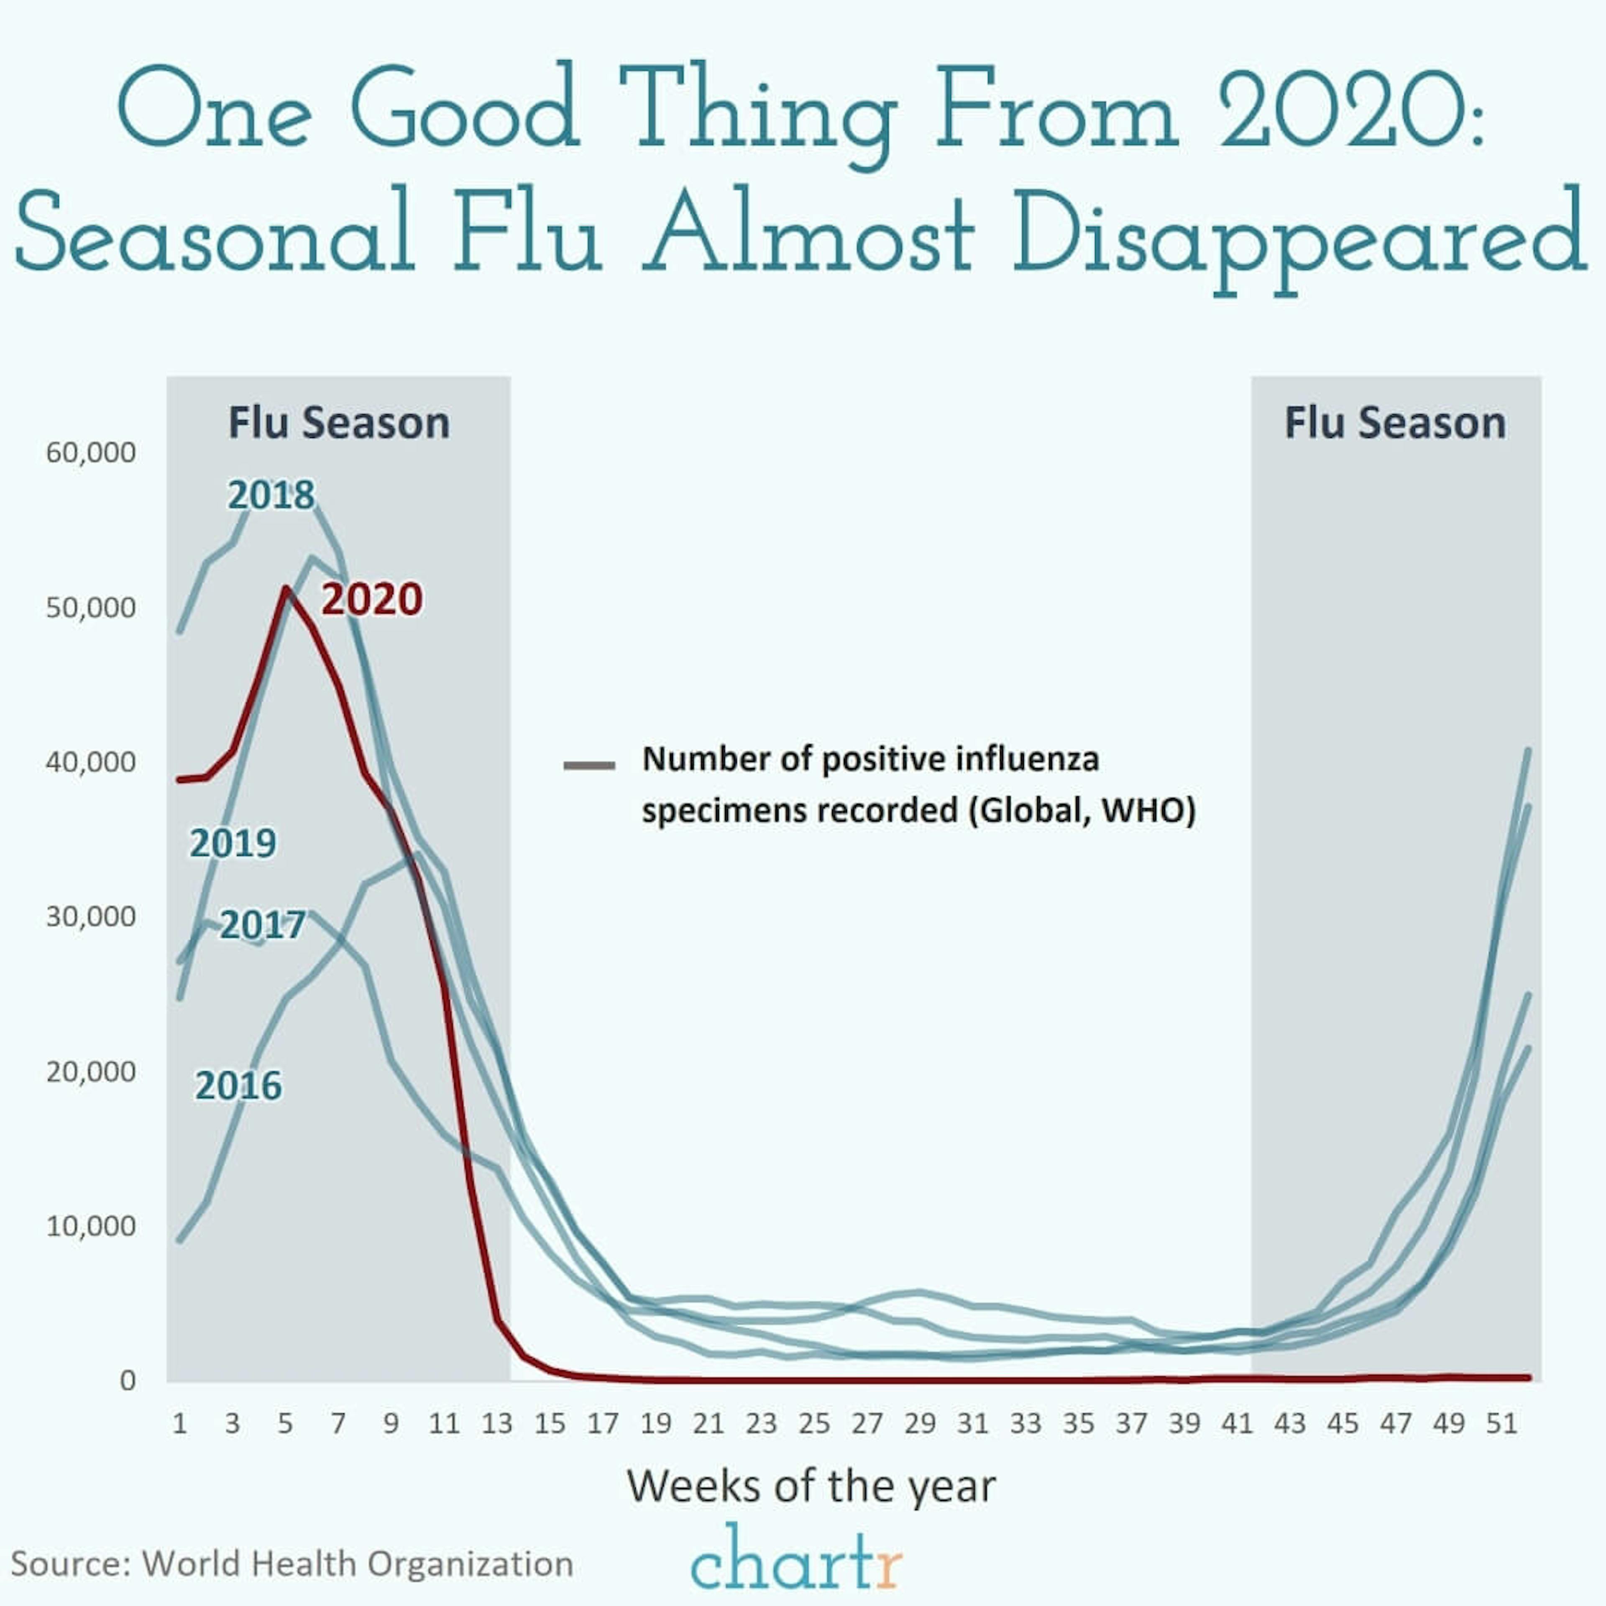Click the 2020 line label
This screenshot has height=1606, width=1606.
pyautogui.click(x=371, y=599)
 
